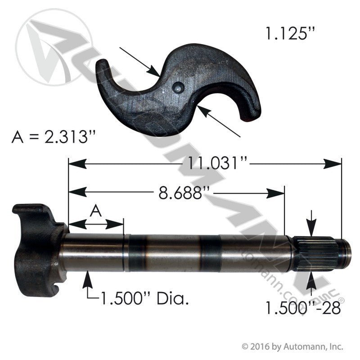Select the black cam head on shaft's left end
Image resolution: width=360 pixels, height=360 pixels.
coord(36,247)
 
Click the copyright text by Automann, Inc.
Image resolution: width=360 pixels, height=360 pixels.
coord(293,346)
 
